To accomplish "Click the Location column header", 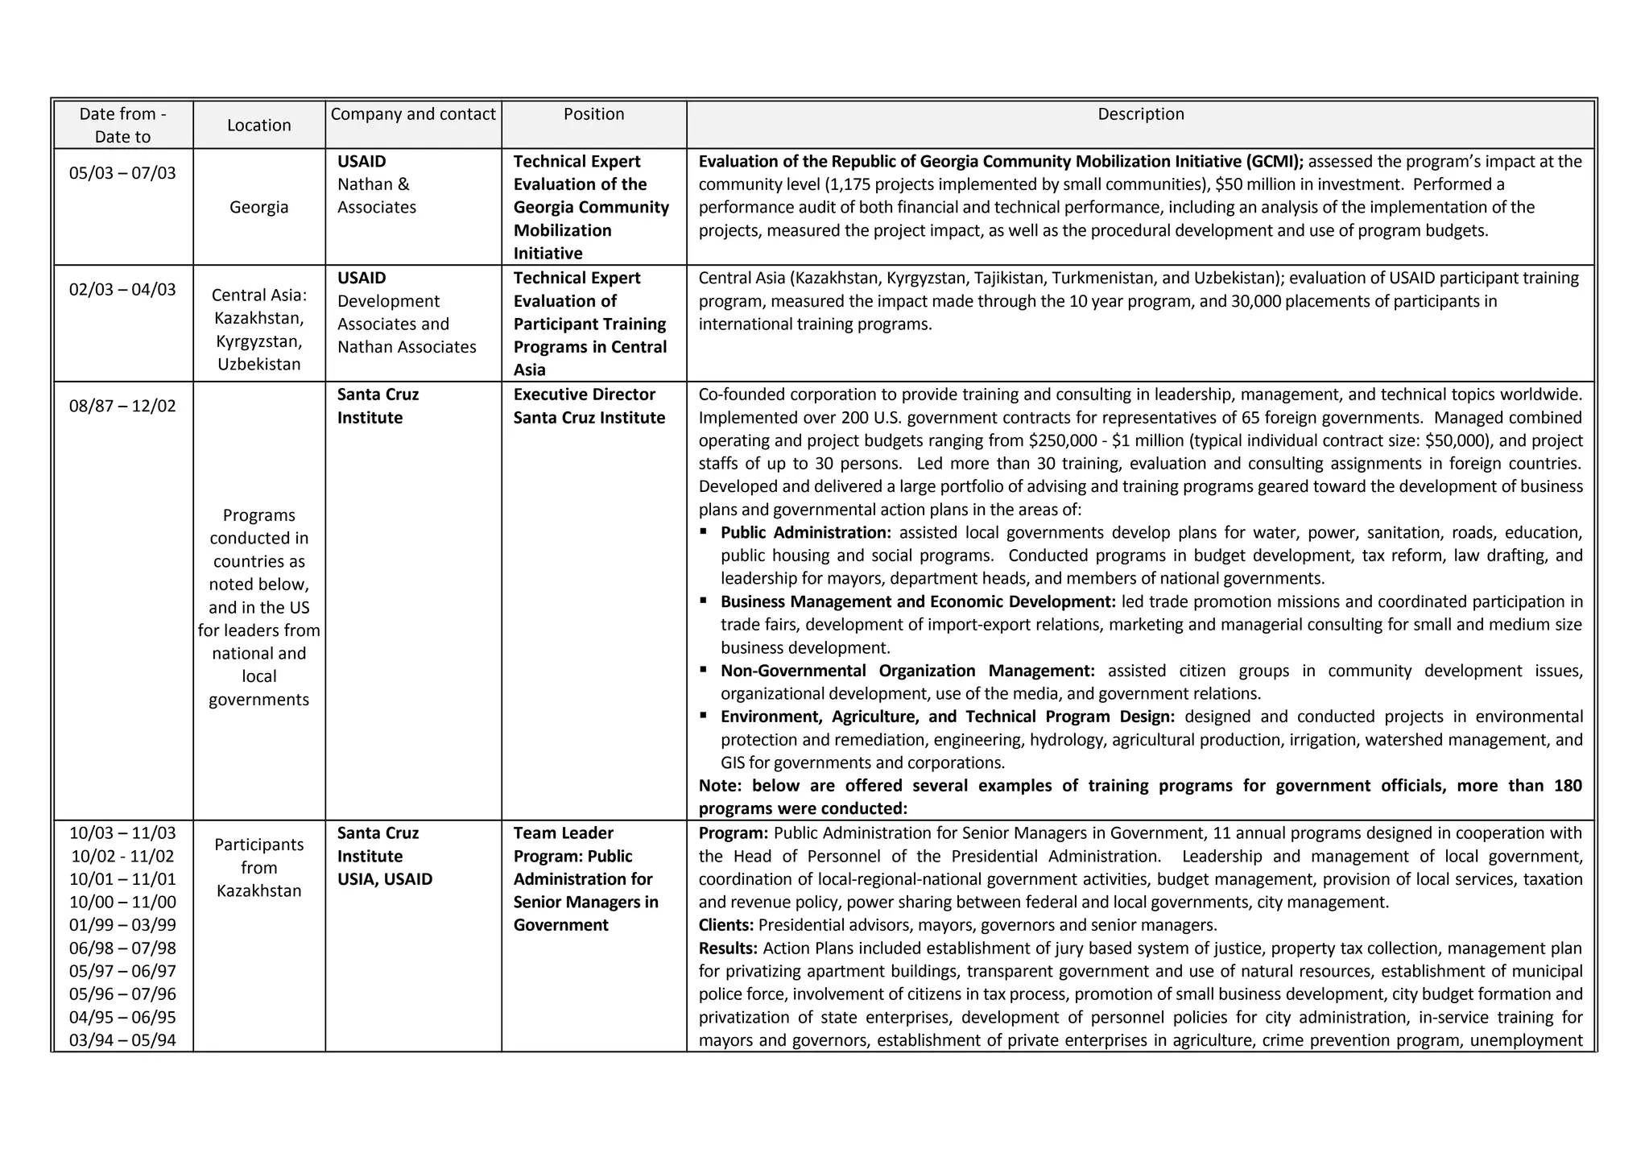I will (258, 125).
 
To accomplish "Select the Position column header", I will (593, 114).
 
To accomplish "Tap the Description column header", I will (1140, 114).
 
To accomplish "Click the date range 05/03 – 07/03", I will (122, 173).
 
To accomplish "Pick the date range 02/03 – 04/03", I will (122, 290).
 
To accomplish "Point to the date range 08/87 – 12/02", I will (122, 406).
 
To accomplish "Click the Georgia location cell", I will (258, 207).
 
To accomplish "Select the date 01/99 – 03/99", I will (122, 925).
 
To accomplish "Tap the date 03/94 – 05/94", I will (122, 1040).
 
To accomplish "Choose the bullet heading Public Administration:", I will (805, 533).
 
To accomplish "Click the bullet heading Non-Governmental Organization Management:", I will (907, 671).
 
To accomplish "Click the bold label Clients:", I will (726, 925).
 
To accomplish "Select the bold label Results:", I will (728, 948).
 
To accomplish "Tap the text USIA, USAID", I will (385, 879).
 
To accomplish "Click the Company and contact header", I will (413, 114).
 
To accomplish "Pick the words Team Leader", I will (563, 833).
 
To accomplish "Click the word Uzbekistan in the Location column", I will (258, 365).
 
